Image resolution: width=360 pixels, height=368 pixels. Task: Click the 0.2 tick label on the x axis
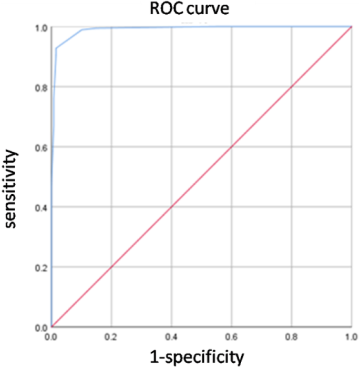coord(111,335)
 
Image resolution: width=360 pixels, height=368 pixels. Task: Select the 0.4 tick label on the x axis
coord(171,335)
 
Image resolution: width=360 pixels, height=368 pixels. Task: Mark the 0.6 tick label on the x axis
coord(231,335)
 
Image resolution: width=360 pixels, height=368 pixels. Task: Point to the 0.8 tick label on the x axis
coord(291,335)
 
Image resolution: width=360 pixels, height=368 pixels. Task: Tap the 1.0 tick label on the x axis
coord(351,335)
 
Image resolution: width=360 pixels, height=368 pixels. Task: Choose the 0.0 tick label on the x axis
coord(52,335)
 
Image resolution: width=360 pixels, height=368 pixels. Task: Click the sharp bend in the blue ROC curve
coord(56,48)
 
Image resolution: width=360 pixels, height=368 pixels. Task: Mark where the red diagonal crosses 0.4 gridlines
coord(171,207)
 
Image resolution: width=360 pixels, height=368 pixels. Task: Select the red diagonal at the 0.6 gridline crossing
coord(231,147)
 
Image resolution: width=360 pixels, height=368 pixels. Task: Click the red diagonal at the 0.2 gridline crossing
coord(111,267)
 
